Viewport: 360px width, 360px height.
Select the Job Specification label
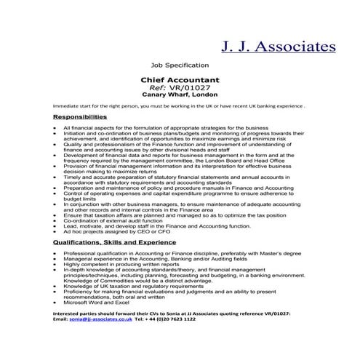(x=177, y=65)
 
